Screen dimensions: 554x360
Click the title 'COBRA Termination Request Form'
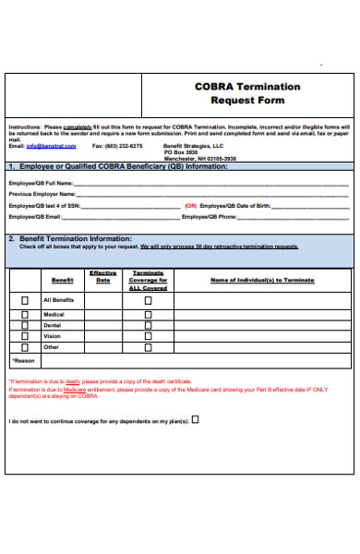pos(246,92)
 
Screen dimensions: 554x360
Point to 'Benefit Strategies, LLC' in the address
pos(193,146)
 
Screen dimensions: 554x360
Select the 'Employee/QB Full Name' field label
pos(40,184)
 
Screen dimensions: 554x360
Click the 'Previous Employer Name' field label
pos(42,195)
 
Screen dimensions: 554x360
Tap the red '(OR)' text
pos(190,206)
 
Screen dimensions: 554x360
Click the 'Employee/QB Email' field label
pos(35,217)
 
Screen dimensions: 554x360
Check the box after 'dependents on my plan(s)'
pos(195,419)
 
